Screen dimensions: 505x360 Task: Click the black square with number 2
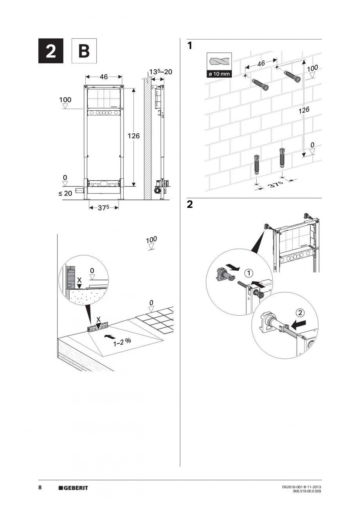[51, 51]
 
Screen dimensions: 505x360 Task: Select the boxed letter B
[84, 51]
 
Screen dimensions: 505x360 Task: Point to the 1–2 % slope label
[122, 342]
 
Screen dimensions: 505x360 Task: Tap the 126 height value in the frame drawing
[134, 136]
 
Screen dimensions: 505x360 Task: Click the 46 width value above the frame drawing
[103, 77]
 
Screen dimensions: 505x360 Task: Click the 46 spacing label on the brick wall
[261, 64]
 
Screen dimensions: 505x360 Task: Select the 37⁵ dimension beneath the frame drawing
[104, 208]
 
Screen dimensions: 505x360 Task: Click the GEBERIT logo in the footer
[73, 488]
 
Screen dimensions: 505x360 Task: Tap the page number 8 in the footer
[40, 488]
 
